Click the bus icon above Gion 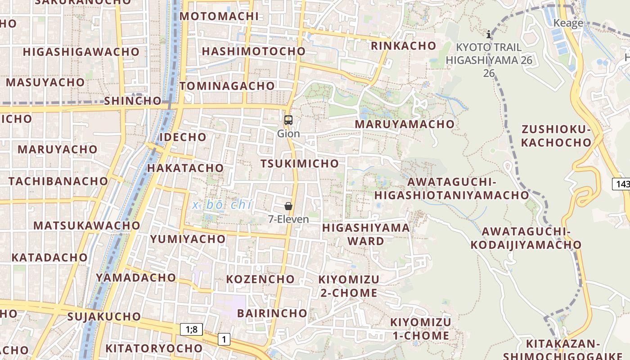coord(288,120)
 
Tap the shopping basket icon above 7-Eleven coord(288,206)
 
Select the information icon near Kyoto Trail coord(489,34)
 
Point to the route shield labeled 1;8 coord(191,329)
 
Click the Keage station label coord(568,23)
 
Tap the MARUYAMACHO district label coord(405,124)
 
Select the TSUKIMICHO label coord(300,163)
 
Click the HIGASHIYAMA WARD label coord(366,234)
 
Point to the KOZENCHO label coord(261,279)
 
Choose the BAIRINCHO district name coord(272,313)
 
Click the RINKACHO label coord(403,46)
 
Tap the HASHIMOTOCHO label coord(254,51)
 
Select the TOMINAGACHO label coord(227,85)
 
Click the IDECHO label coord(183,137)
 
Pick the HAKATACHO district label coord(185,168)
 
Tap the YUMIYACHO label coord(188,239)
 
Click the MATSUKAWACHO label coord(87,225)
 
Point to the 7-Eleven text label coord(288,219)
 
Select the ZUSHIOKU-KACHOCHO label coord(556,136)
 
